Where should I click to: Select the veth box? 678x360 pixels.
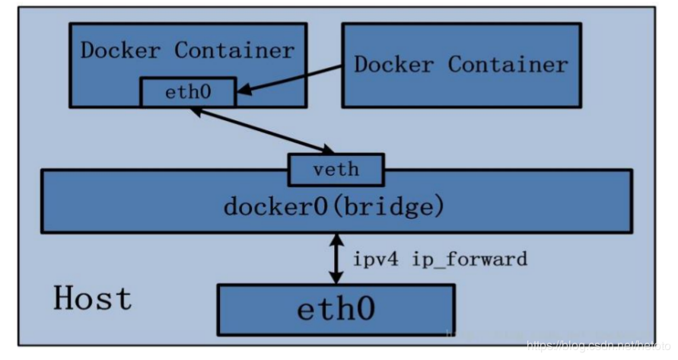tap(336, 169)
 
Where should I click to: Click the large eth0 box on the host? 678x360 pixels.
tap(336, 310)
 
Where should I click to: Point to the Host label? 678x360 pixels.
tap(92, 298)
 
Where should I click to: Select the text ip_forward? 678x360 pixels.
tap(470, 259)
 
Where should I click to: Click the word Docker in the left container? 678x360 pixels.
tap(121, 51)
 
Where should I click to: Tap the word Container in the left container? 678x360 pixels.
tap(234, 51)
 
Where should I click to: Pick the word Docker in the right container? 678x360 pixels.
tap(394, 64)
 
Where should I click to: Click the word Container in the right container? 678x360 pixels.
tap(508, 64)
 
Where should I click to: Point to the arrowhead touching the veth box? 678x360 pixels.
tap(326, 148)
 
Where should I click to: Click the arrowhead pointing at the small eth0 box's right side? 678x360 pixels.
tap(242, 93)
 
